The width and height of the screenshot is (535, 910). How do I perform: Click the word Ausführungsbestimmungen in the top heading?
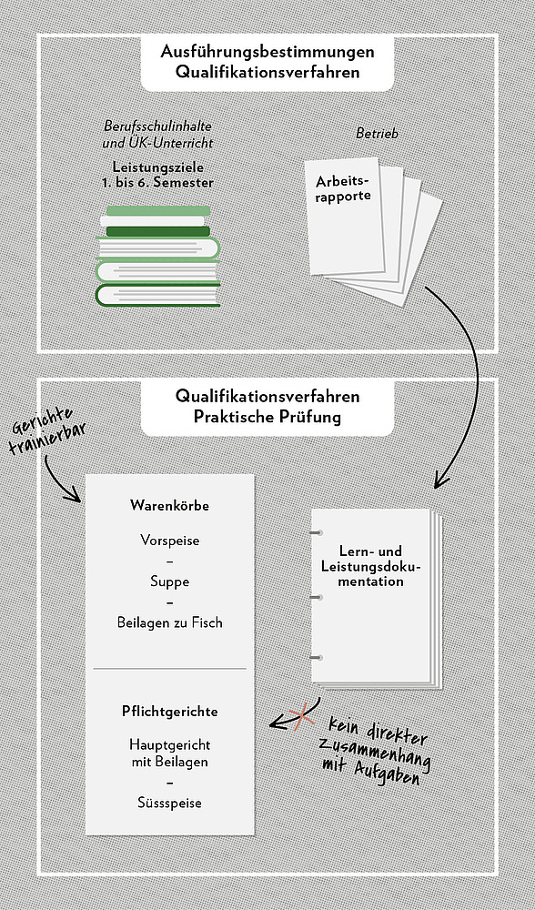click(267, 52)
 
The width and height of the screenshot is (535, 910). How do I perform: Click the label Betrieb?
click(378, 134)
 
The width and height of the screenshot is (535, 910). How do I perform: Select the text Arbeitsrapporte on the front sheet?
click(344, 188)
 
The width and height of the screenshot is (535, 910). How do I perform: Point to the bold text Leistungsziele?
click(158, 167)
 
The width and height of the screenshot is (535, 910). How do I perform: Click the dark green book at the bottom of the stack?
click(157, 295)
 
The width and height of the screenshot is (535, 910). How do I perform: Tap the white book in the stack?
click(153, 221)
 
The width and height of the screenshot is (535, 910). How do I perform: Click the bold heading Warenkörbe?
click(169, 505)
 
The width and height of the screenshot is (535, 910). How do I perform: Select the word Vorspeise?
click(169, 541)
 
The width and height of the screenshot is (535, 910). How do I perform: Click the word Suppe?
click(169, 581)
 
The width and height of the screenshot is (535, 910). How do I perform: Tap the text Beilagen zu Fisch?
click(169, 622)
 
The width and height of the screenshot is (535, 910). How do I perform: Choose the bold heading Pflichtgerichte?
click(169, 712)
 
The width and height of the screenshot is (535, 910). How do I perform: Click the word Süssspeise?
click(169, 804)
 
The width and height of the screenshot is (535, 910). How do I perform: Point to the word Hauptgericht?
click(169, 744)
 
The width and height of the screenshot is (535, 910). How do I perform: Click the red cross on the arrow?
click(301, 717)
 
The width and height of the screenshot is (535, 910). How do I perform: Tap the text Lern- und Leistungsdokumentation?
click(371, 566)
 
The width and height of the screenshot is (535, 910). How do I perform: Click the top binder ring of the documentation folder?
click(317, 532)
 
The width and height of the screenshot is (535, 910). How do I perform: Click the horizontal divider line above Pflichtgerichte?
click(169, 669)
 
